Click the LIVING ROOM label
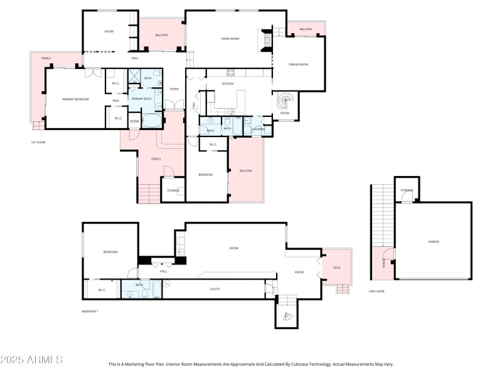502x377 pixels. click(x=230, y=39)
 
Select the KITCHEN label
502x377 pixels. click(x=228, y=84)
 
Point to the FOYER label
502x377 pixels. click(x=174, y=89)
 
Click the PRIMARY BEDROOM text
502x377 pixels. click(x=75, y=99)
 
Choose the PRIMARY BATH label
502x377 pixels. click(x=141, y=99)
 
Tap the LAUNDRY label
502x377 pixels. click(x=258, y=129)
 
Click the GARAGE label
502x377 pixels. click(x=434, y=241)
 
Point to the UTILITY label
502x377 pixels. click(x=215, y=289)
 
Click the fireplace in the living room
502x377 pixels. click(x=267, y=40)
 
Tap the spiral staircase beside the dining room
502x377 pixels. click(x=286, y=100)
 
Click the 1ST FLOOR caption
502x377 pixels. click(x=38, y=142)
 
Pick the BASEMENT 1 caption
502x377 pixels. click(x=91, y=311)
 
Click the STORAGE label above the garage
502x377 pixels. click(x=407, y=190)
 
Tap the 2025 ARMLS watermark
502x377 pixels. click(x=31, y=360)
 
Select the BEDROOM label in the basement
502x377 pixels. click(x=110, y=251)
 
